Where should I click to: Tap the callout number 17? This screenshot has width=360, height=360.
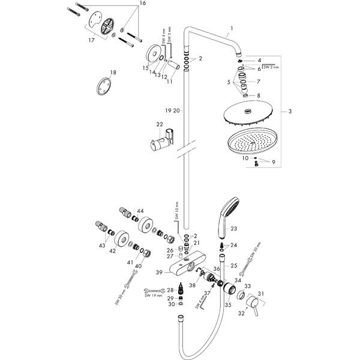click(x=91, y=41)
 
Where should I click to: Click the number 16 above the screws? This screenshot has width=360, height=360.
click(x=142, y=4)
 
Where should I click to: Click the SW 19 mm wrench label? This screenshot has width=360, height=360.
click(x=154, y=294)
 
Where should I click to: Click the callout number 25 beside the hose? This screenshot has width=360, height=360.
click(x=234, y=265)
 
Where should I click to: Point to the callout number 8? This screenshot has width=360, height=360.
click(x=259, y=95)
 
